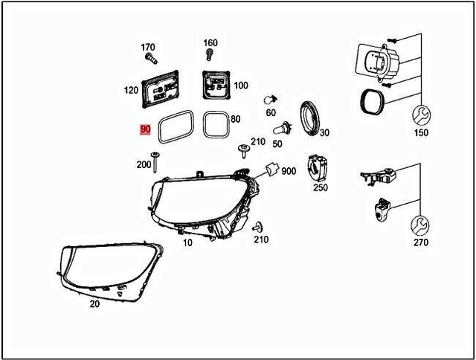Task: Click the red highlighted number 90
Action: point(145,129)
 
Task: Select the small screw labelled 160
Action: point(210,55)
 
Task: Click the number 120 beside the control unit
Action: point(131,90)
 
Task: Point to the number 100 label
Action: point(241,86)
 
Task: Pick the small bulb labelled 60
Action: point(271,100)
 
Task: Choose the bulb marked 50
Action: point(285,127)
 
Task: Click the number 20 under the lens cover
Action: point(94,303)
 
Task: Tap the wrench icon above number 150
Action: point(421,115)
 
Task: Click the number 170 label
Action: point(149,47)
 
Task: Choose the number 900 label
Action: point(289,171)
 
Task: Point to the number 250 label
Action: point(321,187)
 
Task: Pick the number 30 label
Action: point(325,132)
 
